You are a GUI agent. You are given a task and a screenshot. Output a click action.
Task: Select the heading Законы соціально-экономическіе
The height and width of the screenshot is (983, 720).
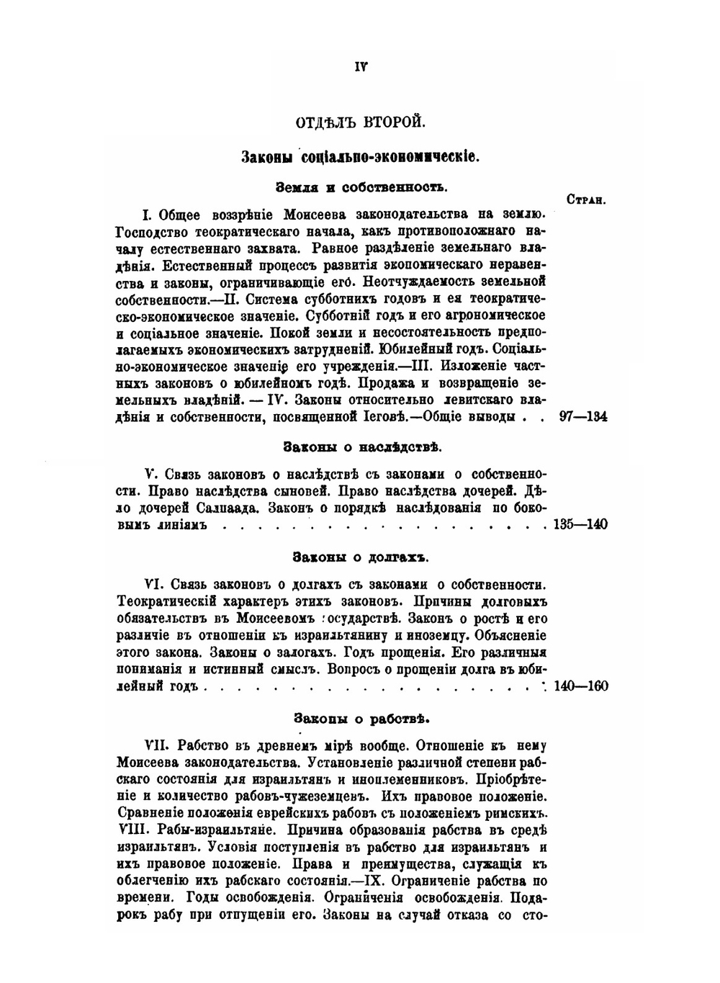[360, 156]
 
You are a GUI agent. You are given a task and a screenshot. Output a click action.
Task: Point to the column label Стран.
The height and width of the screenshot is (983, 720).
[585, 201]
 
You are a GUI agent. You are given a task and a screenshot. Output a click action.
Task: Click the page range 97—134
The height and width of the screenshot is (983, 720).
[582, 417]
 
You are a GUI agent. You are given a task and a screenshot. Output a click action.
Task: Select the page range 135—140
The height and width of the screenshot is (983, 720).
[580, 524]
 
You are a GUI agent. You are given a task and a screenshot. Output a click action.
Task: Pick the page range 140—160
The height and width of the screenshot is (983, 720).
[581, 686]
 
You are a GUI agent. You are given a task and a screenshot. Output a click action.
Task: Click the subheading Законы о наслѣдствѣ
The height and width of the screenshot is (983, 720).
[361, 448]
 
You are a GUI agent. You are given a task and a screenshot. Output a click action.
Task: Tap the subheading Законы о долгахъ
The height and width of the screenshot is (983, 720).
[361, 557]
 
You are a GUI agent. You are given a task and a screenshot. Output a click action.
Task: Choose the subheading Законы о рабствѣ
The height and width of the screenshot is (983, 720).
[361, 719]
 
